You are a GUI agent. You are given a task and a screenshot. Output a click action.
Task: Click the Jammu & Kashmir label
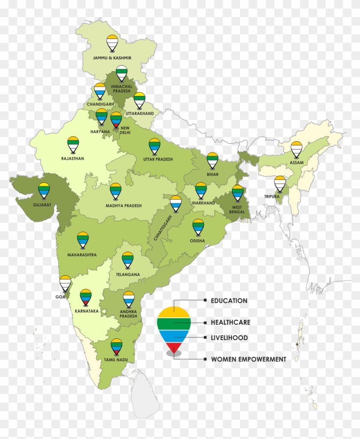[112, 57]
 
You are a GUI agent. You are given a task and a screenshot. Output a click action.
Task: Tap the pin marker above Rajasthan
[73, 145]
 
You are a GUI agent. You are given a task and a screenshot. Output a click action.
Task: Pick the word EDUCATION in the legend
[229, 301]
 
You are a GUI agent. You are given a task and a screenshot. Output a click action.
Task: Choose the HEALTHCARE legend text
[231, 322]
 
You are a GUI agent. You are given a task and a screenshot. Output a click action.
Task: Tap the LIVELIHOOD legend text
[229, 337]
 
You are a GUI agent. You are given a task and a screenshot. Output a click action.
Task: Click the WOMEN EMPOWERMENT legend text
[248, 359]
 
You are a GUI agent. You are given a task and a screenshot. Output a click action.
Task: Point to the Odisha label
[198, 241]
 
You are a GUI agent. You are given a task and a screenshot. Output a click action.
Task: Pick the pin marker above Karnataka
[86, 297]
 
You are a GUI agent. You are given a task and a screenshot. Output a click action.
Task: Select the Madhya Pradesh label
[123, 206]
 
